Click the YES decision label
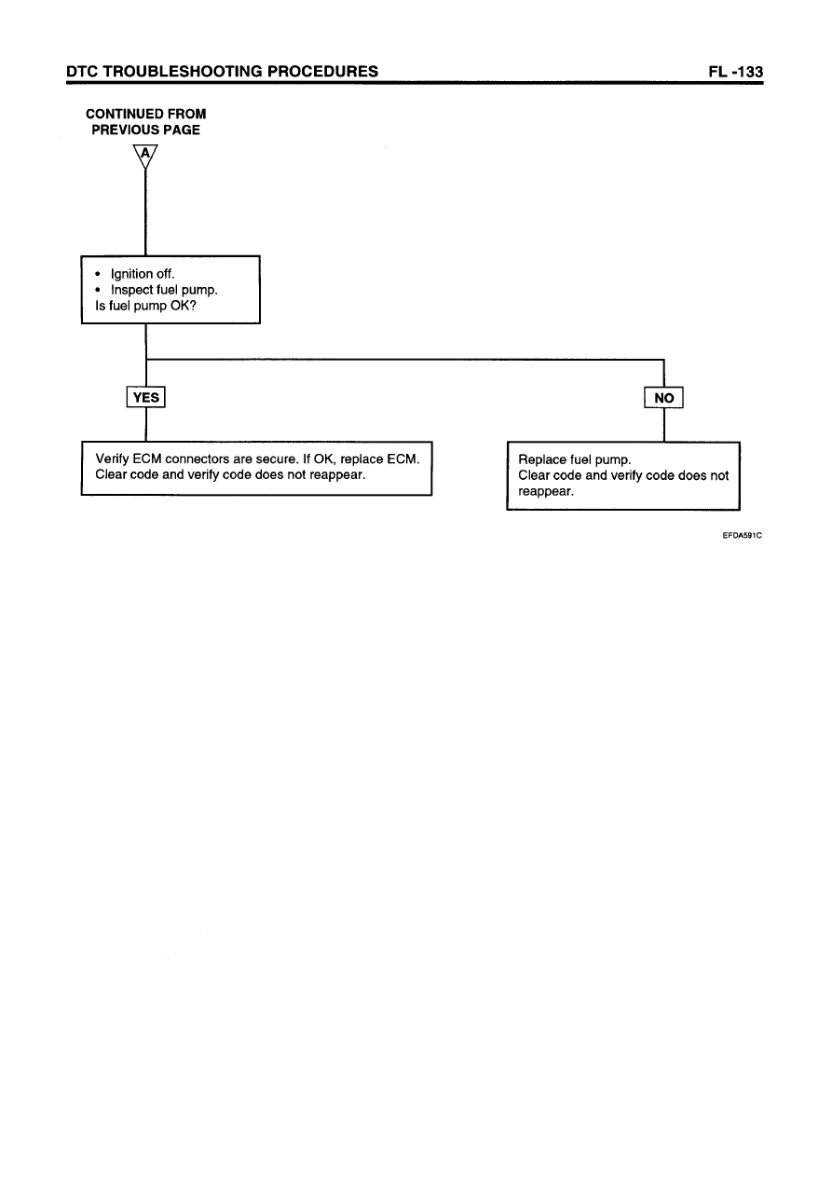(x=146, y=398)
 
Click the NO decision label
(x=664, y=399)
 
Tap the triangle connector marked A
(x=145, y=156)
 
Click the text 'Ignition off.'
(x=142, y=274)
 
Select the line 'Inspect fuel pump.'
(x=164, y=290)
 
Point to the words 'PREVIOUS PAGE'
(x=145, y=130)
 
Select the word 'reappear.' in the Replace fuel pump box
(x=545, y=491)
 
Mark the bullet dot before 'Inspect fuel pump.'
(x=99, y=291)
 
